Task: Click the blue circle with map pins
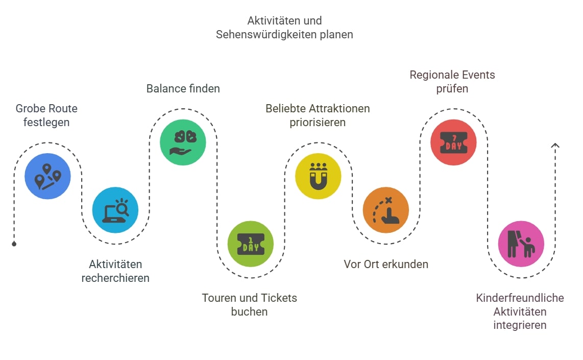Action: (47, 176)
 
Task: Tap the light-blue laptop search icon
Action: (115, 210)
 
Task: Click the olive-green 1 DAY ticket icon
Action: (251, 244)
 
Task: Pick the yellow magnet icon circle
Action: (318, 176)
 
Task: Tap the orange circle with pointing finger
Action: (386, 210)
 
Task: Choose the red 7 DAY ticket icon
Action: (453, 142)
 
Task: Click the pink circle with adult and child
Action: (521, 244)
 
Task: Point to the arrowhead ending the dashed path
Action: (555, 146)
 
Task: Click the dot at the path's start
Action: (14, 244)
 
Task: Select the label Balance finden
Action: (183, 88)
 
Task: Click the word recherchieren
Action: (115, 278)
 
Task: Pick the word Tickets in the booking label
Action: (279, 298)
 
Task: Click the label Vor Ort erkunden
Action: (385, 264)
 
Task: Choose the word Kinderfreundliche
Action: (520, 298)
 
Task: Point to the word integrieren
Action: (520, 325)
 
